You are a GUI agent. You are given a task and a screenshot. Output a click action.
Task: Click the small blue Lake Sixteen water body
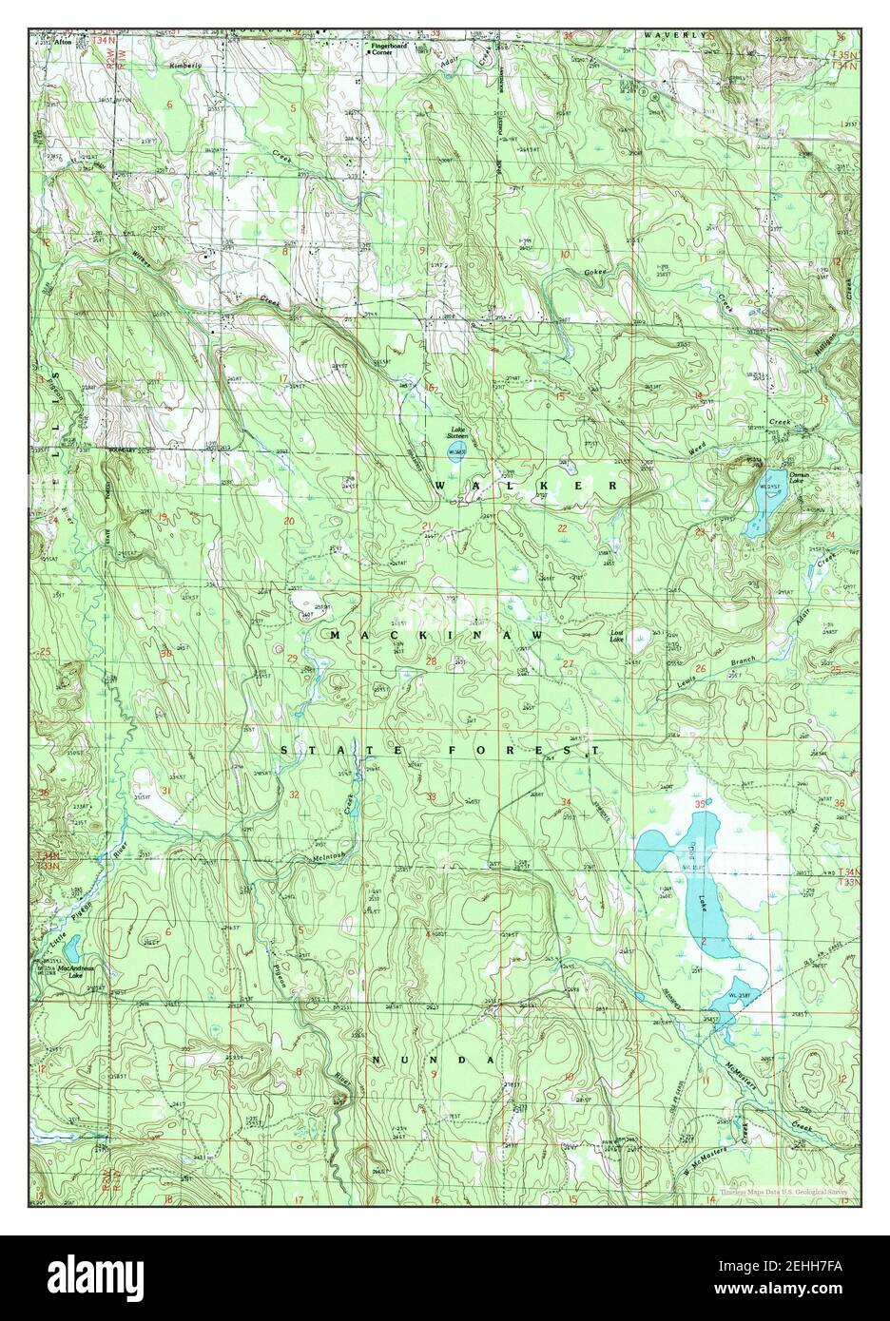point(457,450)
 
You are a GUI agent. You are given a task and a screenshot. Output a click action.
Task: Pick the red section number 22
point(562,528)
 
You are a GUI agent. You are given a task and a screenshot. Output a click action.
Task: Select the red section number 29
point(291,659)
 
